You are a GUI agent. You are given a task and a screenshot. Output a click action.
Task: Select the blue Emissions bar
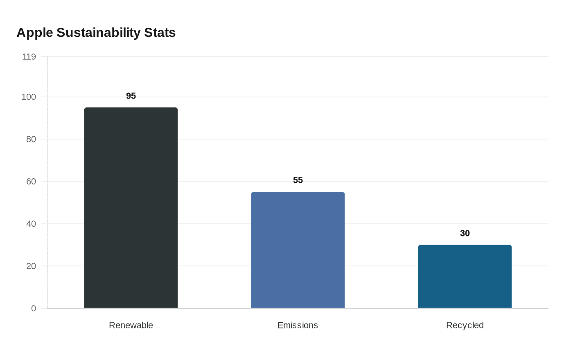(298, 250)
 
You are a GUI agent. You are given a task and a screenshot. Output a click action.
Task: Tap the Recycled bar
(465, 277)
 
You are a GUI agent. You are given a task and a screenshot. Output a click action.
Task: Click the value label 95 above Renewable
(131, 96)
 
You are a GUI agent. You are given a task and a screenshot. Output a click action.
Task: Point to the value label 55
(298, 180)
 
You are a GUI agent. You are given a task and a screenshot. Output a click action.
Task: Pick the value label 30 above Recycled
(465, 233)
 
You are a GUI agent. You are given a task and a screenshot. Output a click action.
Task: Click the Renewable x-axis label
(131, 325)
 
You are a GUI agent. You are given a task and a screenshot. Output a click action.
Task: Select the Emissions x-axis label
(298, 325)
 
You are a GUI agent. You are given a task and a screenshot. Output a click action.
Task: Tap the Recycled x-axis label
(465, 325)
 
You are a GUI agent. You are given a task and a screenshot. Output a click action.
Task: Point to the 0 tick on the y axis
(34, 308)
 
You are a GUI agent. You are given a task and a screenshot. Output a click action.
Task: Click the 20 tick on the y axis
(31, 266)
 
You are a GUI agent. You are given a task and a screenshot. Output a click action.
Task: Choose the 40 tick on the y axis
(31, 224)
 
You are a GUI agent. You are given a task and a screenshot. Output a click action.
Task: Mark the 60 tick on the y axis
(31, 181)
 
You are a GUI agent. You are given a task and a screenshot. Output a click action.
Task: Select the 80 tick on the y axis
(31, 139)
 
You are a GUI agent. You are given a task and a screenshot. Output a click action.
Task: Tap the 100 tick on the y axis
(29, 97)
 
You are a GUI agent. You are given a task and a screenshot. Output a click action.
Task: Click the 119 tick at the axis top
(29, 56)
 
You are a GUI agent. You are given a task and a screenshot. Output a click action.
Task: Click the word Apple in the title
(35, 33)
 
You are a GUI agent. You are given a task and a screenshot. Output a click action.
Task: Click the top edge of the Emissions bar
(298, 192)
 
